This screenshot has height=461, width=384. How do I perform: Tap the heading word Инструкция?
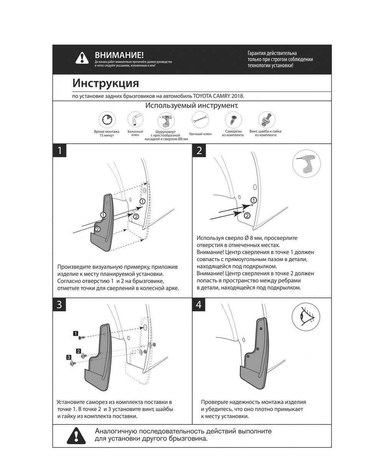pos(106,83)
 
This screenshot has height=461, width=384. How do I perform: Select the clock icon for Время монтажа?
pos(107,120)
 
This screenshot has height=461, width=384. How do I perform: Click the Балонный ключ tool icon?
pos(135,120)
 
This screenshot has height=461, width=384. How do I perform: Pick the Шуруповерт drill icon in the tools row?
pos(166,121)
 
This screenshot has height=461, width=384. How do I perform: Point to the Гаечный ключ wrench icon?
pos(200,120)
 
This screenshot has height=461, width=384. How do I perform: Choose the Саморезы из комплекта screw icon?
pos(232,120)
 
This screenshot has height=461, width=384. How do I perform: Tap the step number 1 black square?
pos(60,151)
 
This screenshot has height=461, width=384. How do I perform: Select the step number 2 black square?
pos(199,151)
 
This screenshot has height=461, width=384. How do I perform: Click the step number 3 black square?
pos(60,305)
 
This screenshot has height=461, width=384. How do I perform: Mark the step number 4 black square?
pos(199,305)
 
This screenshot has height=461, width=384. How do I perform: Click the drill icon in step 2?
pos(306,163)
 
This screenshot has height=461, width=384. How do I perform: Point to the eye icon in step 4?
pos(306,317)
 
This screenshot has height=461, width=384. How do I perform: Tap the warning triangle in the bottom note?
pos(76,436)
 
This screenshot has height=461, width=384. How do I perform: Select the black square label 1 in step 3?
pos(76,333)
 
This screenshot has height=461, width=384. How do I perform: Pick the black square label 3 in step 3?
pos(69,357)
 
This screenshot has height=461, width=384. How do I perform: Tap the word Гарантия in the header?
pos(259,53)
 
